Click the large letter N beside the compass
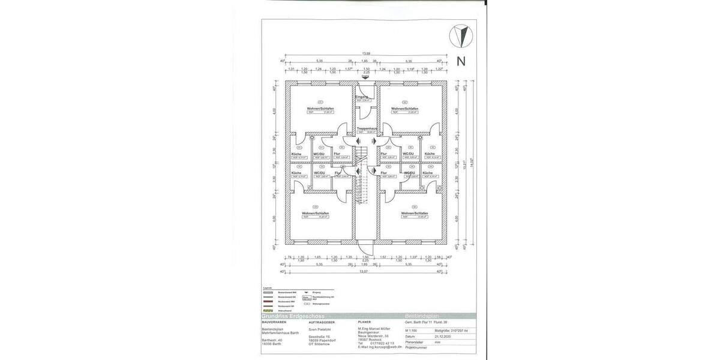coord(461,61)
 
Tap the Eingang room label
coord(361,97)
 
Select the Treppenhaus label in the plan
coord(366,128)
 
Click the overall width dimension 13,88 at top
coord(365,55)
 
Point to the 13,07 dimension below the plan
coord(364,272)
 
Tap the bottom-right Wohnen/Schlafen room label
coord(414,213)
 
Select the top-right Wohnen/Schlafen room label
coord(404,109)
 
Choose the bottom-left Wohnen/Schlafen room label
coord(316,213)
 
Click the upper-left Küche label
coord(296,154)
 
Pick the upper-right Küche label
coord(430,154)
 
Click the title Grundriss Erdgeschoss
coord(293,316)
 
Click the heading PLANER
coord(365,322)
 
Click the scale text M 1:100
coord(412,331)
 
